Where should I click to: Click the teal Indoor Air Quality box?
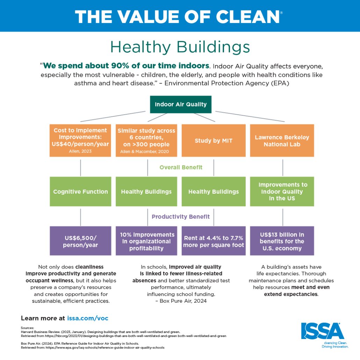[x=181, y=105]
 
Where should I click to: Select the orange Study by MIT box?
[x=214, y=141]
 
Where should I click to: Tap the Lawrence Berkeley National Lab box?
[x=282, y=141]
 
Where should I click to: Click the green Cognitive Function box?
[x=80, y=192]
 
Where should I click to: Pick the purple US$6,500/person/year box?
[x=80, y=241]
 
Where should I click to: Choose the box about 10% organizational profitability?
[x=146, y=241]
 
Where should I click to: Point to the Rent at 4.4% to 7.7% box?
[x=214, y=241]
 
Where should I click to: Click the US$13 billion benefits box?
[x=282, y=241]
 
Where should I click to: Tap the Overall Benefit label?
[x=181, y=167]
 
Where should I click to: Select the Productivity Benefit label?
[x=181, y=217]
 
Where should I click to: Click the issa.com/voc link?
[x=88, y=318]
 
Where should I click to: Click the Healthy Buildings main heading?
[x=180, y=47]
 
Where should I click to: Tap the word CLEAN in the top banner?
[x=248, y=17]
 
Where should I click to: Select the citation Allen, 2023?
[x=80, y=151]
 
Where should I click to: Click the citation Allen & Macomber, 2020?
[x=144, y=152]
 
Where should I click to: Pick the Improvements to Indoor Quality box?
[x=282, y=192]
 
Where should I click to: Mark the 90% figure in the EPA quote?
[x=120, y=66]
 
